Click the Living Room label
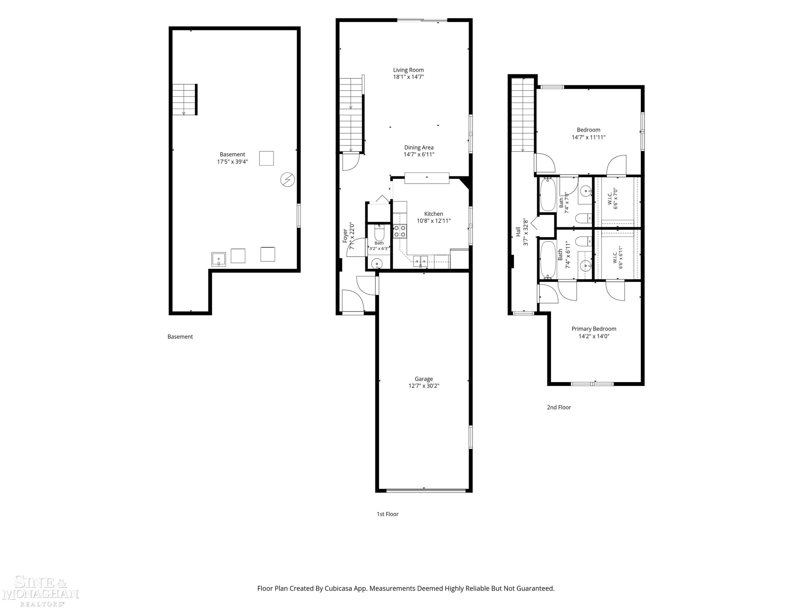(408, 70)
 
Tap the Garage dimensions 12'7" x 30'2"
(424, 386)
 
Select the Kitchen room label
(434, 214)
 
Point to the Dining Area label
(419, 148)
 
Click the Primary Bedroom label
(594, 329)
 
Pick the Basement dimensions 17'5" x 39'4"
(232, 162)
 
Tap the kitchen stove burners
(400, 231)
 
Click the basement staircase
(185, 100)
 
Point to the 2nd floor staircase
(523, 115)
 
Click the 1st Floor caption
(387, 514)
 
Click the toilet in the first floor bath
(379, 233)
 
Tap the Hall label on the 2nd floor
(518, 231)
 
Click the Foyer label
(345, 236)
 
